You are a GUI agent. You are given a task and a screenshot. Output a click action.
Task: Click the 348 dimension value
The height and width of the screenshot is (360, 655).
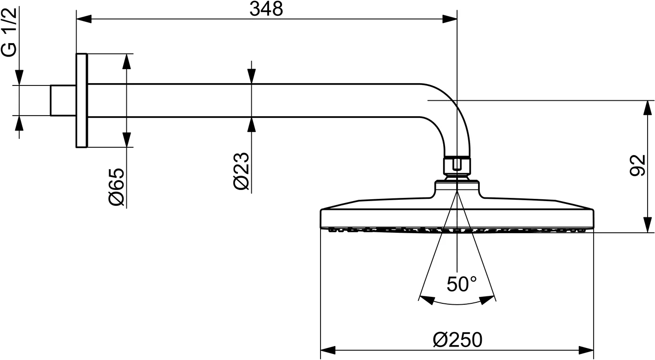266,9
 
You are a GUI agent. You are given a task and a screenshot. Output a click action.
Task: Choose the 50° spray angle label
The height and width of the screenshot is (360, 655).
461,284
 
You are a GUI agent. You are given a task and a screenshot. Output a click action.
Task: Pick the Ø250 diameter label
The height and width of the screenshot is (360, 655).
457,340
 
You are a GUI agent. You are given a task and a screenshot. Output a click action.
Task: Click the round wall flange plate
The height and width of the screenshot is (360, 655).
82,100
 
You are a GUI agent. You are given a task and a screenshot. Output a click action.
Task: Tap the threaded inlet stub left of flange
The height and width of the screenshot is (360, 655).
63,100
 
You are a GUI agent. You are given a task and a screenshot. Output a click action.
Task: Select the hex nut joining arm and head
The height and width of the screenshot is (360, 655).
457,165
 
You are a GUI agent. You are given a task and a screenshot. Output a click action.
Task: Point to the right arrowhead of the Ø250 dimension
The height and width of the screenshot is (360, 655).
587,350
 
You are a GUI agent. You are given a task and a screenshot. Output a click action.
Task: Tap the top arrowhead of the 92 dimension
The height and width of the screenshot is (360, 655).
647,108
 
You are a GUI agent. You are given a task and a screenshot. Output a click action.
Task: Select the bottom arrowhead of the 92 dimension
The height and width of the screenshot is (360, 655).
647,225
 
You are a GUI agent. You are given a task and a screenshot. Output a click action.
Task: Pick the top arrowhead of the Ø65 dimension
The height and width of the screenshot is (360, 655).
126,61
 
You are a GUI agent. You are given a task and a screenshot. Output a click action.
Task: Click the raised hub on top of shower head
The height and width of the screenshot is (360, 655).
457,187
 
